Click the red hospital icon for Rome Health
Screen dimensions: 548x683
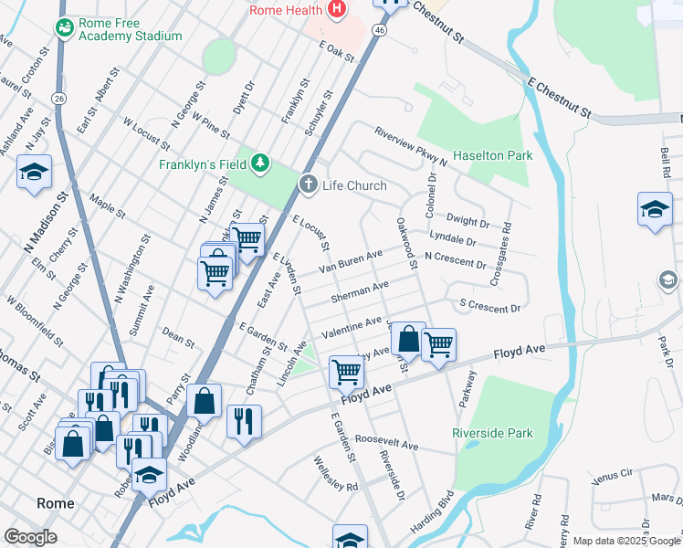[337, 10]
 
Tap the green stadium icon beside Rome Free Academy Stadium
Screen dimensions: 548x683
[64, 28]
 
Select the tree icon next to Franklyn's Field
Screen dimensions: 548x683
[261, 163]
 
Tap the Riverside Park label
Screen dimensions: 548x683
[492, 432]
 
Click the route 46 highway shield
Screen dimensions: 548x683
[379, 30]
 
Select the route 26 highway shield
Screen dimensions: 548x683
[58, 98]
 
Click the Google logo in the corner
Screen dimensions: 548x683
[31, 537]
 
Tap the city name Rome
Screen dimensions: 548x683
[55, 503]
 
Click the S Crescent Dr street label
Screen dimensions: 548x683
[489, 306]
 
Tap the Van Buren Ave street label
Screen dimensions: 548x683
[350, 262]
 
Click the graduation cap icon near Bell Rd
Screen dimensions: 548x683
[655, 208]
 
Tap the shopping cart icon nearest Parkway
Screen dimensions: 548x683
[438, 344]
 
